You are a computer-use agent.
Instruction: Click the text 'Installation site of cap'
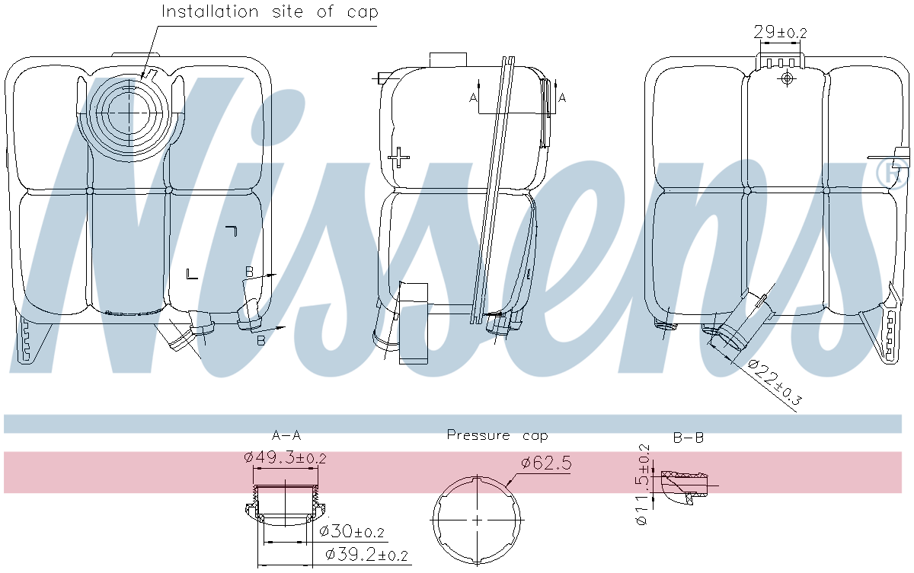[270, 12]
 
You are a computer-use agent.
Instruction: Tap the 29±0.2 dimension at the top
[779, 32]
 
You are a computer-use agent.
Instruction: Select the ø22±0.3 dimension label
[775, 383]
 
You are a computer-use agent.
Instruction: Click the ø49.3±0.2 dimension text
[285, 457]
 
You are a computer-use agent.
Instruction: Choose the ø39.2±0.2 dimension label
[367, 555]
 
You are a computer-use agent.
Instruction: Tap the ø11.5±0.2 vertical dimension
[643, 484]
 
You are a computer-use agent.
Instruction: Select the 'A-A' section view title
[286, 436]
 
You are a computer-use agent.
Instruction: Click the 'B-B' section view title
[688, 438]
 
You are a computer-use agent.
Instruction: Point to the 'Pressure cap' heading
[497, 435]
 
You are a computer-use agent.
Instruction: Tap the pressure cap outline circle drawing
[477, 520]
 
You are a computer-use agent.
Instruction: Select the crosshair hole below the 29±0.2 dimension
[788, 78]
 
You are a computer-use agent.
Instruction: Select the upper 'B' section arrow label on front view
[249, 271]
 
